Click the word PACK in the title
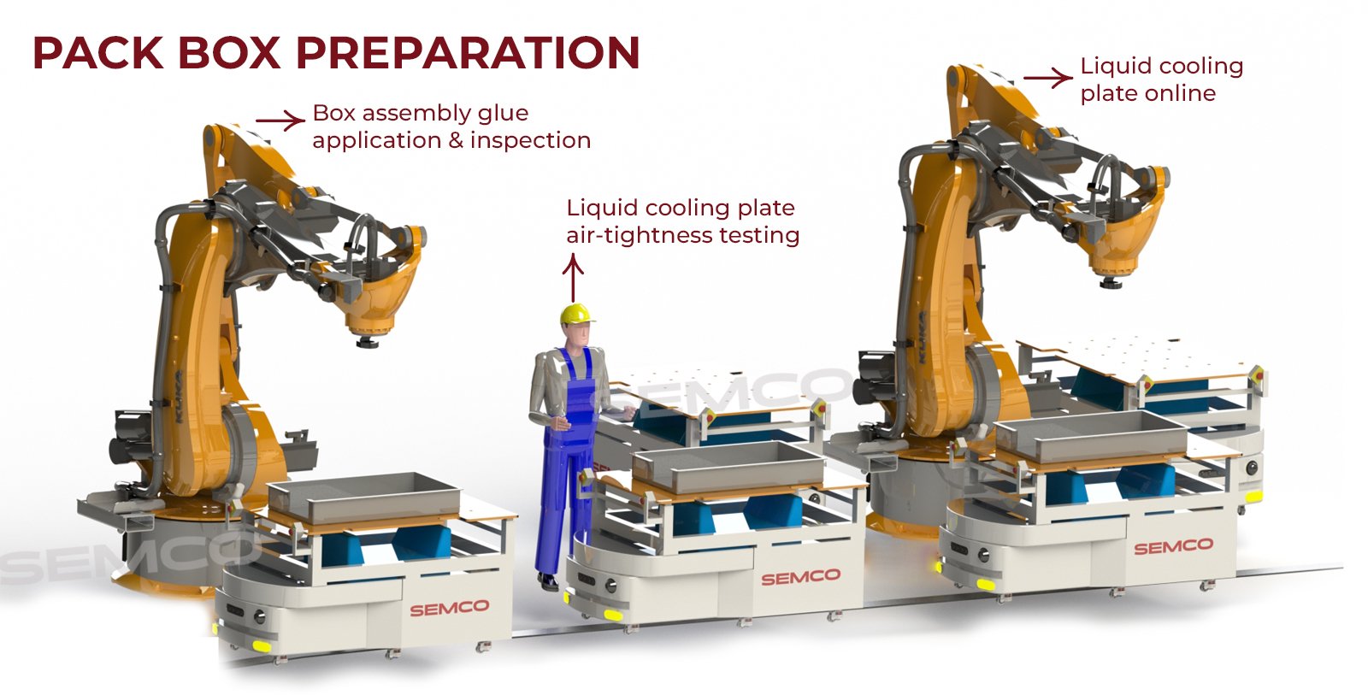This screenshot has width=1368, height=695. [98, 53]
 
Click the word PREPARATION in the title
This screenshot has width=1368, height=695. [468, 53]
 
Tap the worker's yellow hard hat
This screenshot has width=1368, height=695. [576, 314]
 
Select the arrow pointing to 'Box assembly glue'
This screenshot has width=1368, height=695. [280, 121]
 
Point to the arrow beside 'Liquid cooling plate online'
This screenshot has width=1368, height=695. [1048, 78]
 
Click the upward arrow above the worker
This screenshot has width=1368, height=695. [572, 279]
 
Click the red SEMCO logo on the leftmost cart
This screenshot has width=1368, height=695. [450, 608]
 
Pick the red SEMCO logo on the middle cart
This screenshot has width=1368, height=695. [800, 577]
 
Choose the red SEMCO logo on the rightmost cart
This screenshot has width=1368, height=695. [1174, 546]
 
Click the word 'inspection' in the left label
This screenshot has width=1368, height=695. [530, 141]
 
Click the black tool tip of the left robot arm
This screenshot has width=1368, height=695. [367, 342]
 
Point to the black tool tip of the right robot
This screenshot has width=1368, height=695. [1111, 283]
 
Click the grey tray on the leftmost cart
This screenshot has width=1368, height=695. [364, 495]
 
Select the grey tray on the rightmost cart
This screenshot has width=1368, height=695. [1091, 435]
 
